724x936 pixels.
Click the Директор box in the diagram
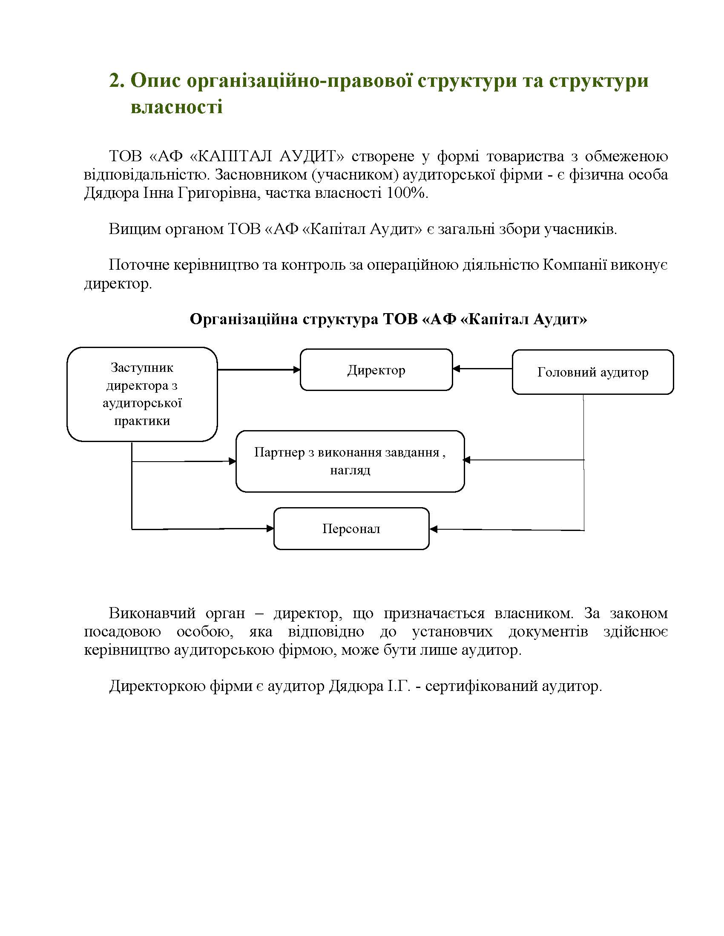coord(376,370)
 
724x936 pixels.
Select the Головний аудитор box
coord(592,372)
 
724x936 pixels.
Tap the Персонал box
coord(351,528)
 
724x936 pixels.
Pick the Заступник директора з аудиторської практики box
coord(142,394)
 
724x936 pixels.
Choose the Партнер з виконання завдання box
coord(350,461)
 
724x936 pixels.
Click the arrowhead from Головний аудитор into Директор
coord(457,368)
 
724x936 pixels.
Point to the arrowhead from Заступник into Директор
coord(296,369)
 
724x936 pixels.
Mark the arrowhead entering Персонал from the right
coord(433,529)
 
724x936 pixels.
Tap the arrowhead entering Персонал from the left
coord(270,528)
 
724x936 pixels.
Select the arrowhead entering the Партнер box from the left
coord(233,461)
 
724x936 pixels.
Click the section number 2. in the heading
coord(116,80)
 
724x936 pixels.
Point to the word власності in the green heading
coord(177,106)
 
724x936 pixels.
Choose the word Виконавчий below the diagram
coord(152,613)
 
